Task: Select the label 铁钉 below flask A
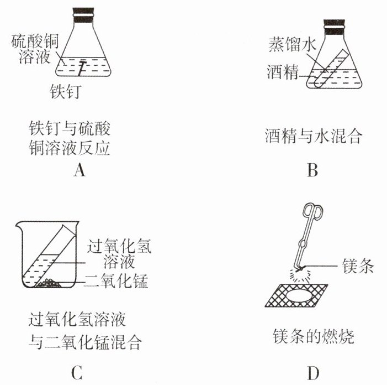[66, 91]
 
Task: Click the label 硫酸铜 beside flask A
[35, 41]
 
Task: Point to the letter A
[79, 170]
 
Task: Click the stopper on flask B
[334, 27]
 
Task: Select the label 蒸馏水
[292, 44]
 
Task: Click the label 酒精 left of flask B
[283, 72]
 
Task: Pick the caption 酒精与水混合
[314, 136]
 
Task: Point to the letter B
[312, 170]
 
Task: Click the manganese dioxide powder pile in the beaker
[48, 283]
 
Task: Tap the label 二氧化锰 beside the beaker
[116, 281]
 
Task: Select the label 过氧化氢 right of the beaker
[119, 246]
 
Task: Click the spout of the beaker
[19, 224]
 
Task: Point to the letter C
[77, 373]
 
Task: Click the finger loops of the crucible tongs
[312, 211]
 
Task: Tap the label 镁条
[358, 266]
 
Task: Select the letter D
[313, 373]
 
